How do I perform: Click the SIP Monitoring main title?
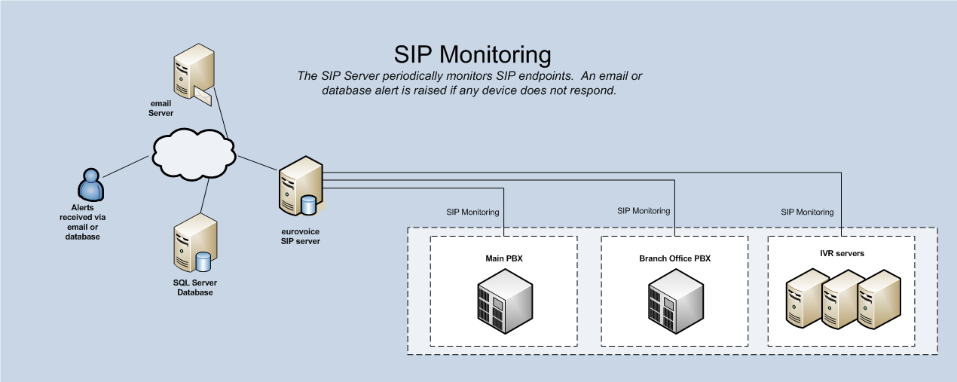[472, 54]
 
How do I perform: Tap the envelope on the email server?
[203, 95]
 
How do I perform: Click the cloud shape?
[194, 155]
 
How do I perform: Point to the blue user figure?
[90, 185]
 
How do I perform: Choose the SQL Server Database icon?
[193, 246]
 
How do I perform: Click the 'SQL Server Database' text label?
[194, 287]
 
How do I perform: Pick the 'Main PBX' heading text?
[504, 258]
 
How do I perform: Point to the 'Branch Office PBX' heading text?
[674, 258]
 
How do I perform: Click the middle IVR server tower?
[841, 301]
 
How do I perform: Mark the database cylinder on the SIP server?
[308, 205]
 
